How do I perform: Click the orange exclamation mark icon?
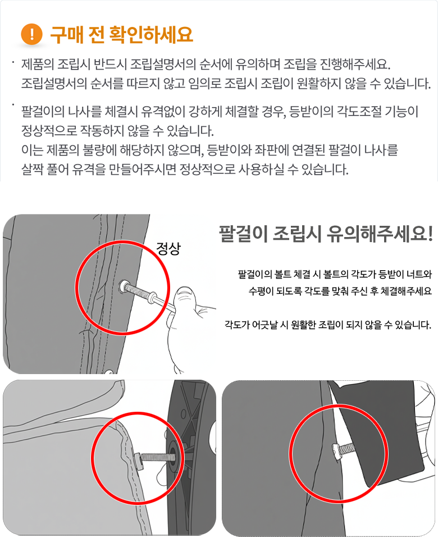click(x=31, y=34)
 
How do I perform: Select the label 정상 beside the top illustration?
click(x=168, y=248)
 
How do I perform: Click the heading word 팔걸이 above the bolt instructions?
click(x=243, y=234)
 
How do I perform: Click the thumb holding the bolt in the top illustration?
click(x=185, y=297)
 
